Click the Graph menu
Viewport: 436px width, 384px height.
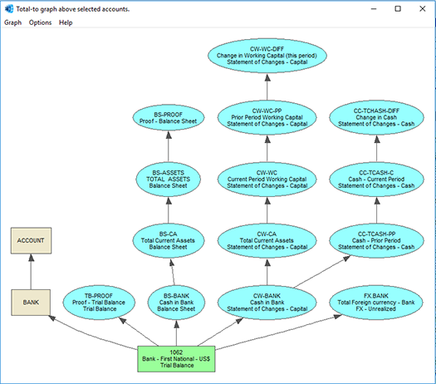[12, 22]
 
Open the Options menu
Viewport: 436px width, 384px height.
[40, 22]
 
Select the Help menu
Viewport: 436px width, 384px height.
[66, 22]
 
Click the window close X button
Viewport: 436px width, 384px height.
[423, 9]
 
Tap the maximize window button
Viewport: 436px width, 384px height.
[398, 9]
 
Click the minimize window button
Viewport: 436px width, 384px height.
[374, 9]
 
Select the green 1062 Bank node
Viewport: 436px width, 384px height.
[176, 359]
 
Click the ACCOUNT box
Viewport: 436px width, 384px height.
[32, 241]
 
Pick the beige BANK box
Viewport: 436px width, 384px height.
[31, 303]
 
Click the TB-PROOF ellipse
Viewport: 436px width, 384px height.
[99, 303]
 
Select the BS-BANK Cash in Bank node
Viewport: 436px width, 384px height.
[176, 303]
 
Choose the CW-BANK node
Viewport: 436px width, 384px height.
[267, 303]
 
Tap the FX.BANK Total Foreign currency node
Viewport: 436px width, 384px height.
[376, 303]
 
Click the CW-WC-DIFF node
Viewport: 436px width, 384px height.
[267, 56]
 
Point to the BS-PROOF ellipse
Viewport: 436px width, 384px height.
[169, 118]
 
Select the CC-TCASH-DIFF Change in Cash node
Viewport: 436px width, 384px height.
[376, 117]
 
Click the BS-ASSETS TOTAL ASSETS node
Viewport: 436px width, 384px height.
[169, 180]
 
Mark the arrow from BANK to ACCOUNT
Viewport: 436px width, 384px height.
[31, 272]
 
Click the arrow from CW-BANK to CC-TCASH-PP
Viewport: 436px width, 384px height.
[322, 272]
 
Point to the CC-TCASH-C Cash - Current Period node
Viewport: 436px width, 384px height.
[376, 180]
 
